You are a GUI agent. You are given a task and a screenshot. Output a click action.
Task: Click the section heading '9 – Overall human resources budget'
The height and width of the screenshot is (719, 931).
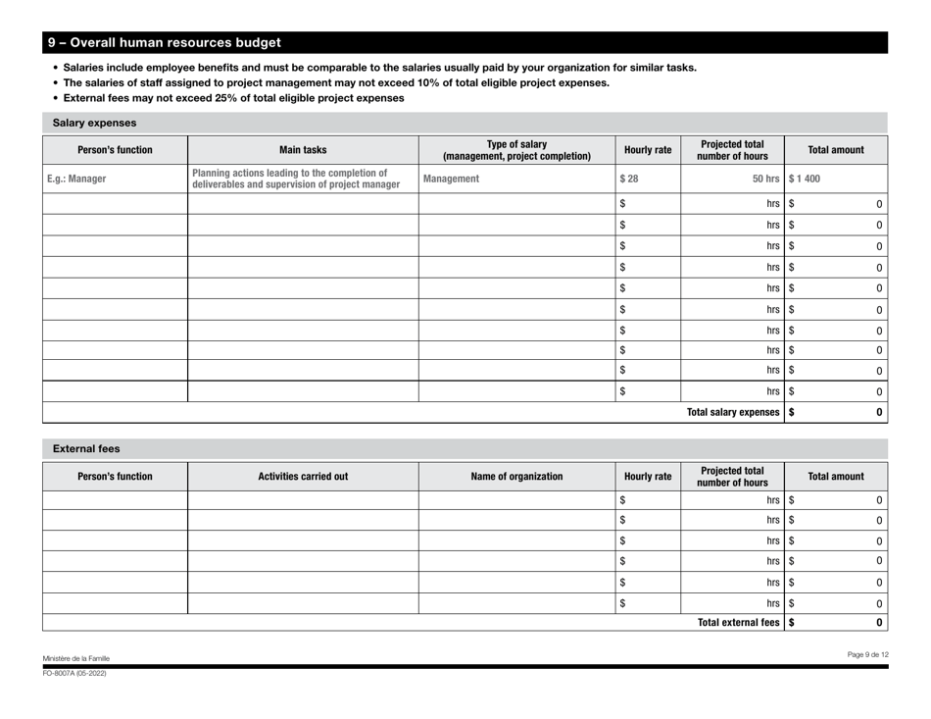pyautogui.click(x=165, y=43)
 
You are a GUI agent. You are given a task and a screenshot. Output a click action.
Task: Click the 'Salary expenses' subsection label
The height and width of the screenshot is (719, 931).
pyautogui.click(x=94, y=123)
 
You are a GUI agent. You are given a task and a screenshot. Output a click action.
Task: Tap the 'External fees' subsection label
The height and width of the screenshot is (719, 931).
pyautogui.click(x=85, y=449)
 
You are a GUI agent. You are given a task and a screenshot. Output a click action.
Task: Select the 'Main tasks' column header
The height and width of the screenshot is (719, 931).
pyautogui.click(x=303, y=150)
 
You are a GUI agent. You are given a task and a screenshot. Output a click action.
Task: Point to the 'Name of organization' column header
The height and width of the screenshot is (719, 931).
pyautogui.click(x=515, y=477)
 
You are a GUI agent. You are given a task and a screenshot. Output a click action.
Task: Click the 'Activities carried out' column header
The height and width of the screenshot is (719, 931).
pyautogui.click(x=303, y=477)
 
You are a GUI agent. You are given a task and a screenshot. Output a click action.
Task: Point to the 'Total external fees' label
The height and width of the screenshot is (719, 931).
pyautogui.click(x=740, y=621)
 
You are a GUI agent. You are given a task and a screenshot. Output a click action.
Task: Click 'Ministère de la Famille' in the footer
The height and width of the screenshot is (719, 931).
pyautogui.click(x=76, y=657)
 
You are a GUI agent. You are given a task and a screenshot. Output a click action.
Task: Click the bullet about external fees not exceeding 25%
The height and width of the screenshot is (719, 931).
pyautogui.click(x=233, y=99)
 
